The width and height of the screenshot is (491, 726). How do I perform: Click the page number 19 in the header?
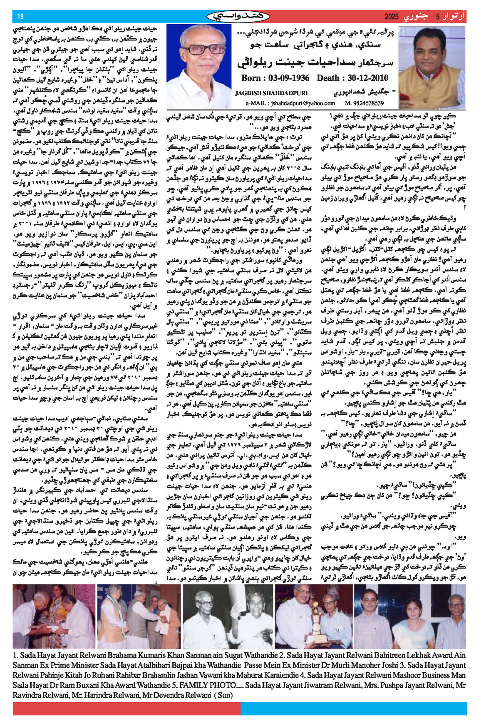pyautogui.click(x=20, y=17)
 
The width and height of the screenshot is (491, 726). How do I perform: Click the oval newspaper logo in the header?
pyautogui.click(x=238, y=17)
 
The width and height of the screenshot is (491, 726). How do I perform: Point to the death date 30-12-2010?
pyautogui.click(x=367, y=78)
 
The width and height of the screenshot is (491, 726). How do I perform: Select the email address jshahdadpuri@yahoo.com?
pyautogui.click(x=302, y=103)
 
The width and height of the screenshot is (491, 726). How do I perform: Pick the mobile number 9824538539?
pyautogui.click(x=367, y=103)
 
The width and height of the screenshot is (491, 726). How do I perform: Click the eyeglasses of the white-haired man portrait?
pyautogui.click(x=198, y=49)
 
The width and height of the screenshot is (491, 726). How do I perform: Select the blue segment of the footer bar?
pyautogui.click(x=354, y=709)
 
